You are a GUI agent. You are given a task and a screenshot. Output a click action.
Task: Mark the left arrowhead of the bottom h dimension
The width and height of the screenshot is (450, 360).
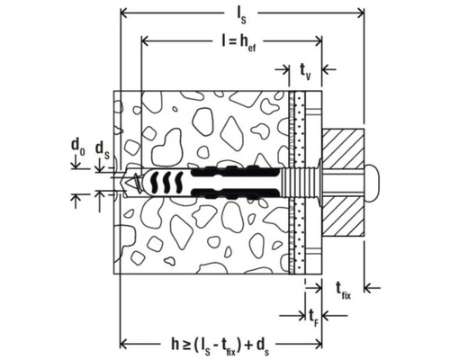(x=123, y=343)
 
